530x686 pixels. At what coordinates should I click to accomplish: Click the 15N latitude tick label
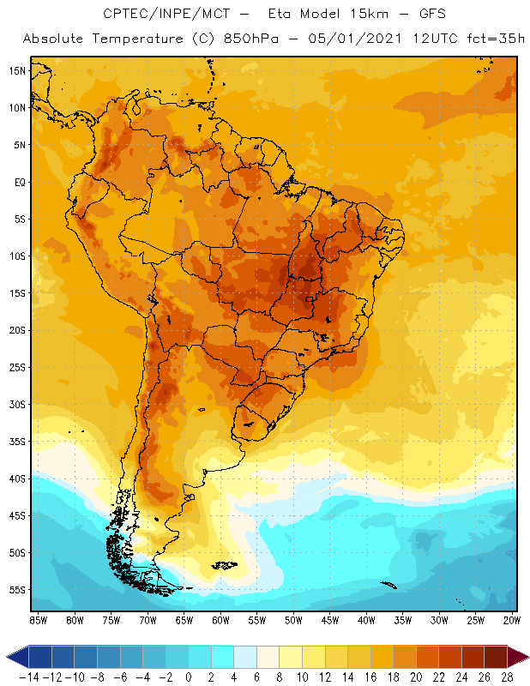coord(18,70)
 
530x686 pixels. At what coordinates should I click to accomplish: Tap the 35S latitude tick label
coord(18,442)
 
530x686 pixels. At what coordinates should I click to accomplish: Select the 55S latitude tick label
coord(18,590)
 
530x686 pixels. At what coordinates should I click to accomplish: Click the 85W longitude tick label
coord(38,619)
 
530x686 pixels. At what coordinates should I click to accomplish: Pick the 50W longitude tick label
coord(293,619)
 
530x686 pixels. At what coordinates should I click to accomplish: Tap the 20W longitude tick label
coord(512,619)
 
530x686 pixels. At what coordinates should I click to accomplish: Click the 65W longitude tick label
coord(184,619)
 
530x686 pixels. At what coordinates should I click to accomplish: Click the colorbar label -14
coord(28,677)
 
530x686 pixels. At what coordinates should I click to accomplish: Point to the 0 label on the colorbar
coord(189,677)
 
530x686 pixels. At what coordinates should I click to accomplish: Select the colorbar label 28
coord(508,677)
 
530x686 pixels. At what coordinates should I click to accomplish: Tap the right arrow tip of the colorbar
coord(525,657)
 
